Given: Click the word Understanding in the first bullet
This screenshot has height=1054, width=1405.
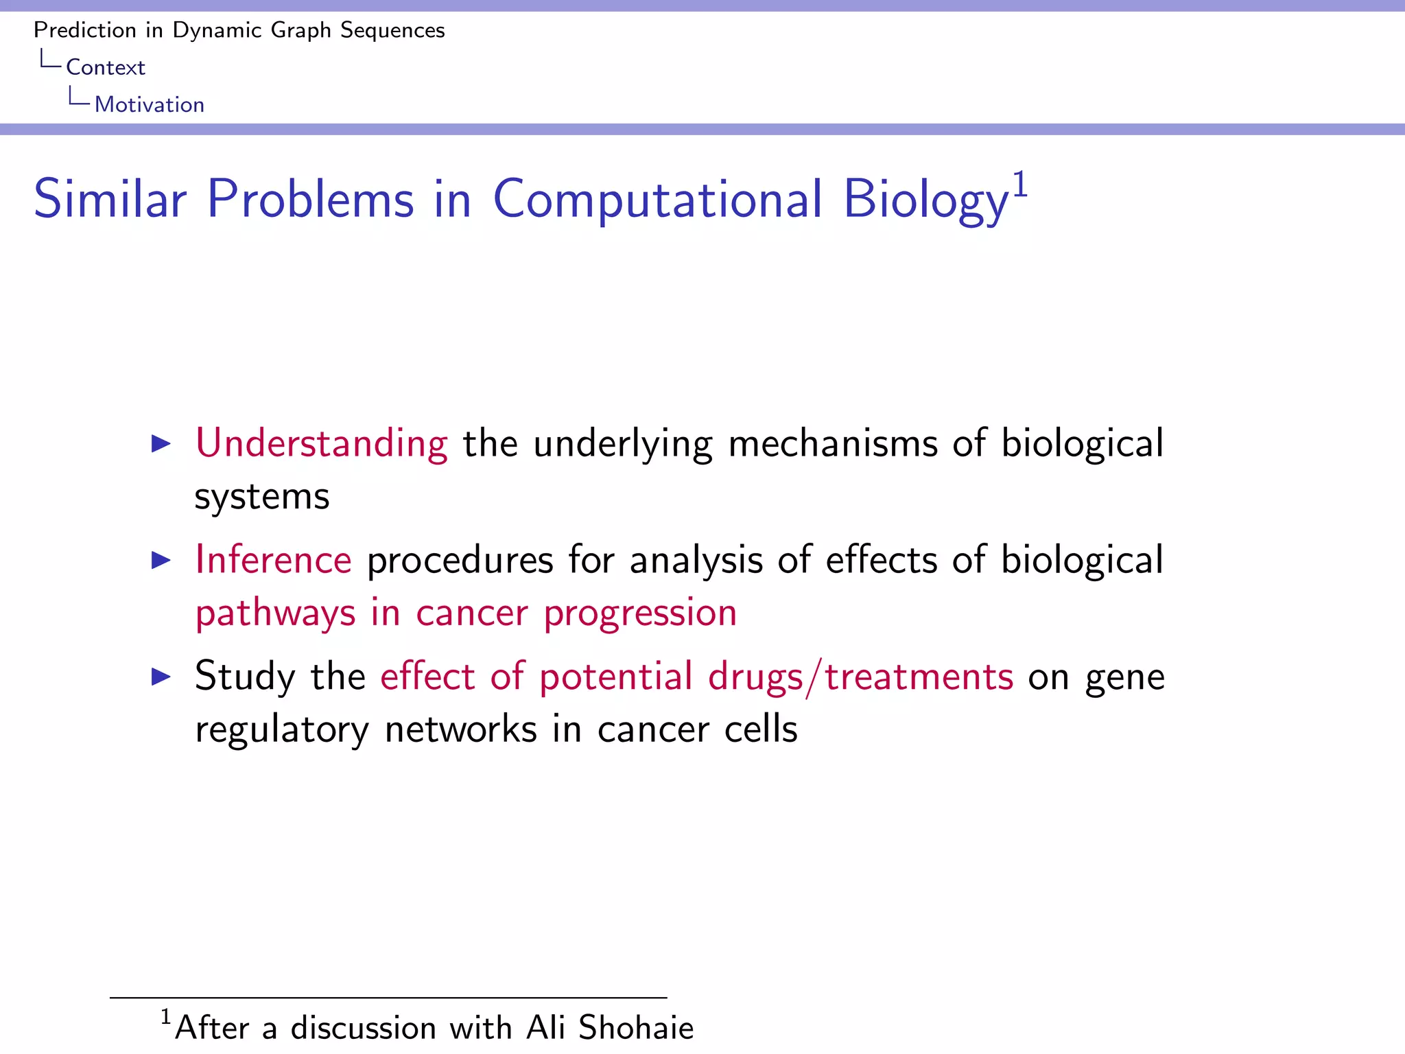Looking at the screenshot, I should (321, 444).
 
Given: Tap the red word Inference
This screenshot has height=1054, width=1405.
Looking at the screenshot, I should (273, 560).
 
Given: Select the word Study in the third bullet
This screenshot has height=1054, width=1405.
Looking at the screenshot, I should (245, 677).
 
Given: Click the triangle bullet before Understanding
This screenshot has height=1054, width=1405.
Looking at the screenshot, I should (161, 444).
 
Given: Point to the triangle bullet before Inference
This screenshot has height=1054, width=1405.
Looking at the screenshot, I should (161, 561).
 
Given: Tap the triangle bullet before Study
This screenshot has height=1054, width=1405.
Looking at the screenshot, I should (161, 677).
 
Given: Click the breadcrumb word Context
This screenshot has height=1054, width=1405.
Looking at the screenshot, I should (106, 67).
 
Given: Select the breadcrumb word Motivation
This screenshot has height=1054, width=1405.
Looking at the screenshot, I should (150, 104).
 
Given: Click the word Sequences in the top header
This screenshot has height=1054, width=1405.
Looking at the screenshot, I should (392, 30).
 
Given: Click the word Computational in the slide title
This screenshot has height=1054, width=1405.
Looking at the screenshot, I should (657, 200).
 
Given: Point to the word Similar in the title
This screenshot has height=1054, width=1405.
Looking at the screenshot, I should (110, 200).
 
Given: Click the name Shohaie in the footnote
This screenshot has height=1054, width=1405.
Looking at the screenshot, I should (635, 1028).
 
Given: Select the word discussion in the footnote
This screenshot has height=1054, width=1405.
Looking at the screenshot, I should (363, 1028).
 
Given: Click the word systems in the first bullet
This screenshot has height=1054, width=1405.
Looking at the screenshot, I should (262, 497).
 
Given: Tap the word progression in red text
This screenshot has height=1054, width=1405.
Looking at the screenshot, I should (640, 613).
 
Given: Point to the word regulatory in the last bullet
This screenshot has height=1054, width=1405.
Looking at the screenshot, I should (281, 730).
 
